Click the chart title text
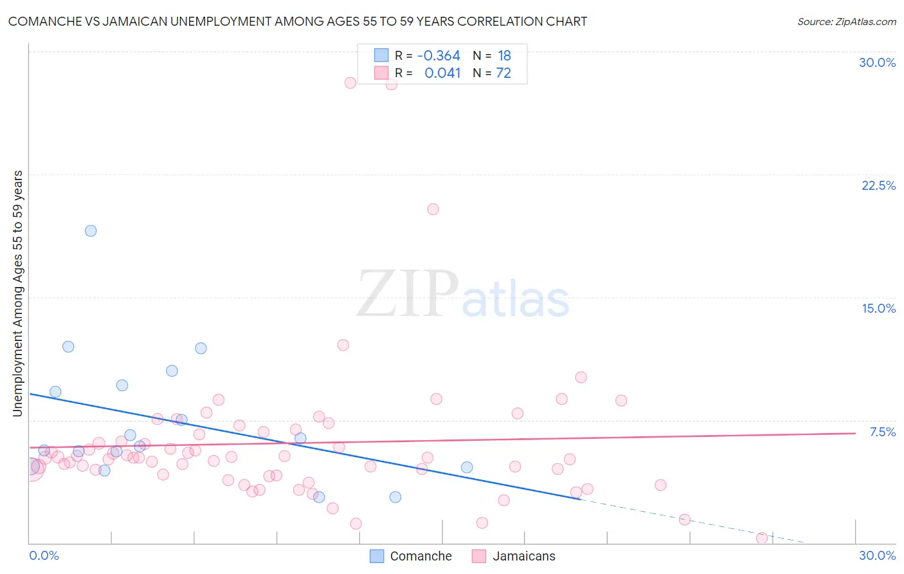pos(297,21)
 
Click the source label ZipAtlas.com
pos(846,21)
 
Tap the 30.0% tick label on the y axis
pos(877,62)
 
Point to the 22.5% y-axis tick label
pos(878,185)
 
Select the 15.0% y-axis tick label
pos(878,308)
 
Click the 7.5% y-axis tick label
pos(882,432)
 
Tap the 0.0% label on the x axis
pos(44,555)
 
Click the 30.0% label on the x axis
pos(877,555)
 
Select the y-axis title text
pos(18,293)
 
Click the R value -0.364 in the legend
pos(438,56)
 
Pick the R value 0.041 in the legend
pos(442,73)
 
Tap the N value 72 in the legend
pos(503,73)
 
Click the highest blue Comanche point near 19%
pos(91,230)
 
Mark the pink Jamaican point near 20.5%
pos(433,209)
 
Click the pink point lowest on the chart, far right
pos(762,538)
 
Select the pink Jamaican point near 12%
pos(343,345)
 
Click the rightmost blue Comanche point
pos(467,467)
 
